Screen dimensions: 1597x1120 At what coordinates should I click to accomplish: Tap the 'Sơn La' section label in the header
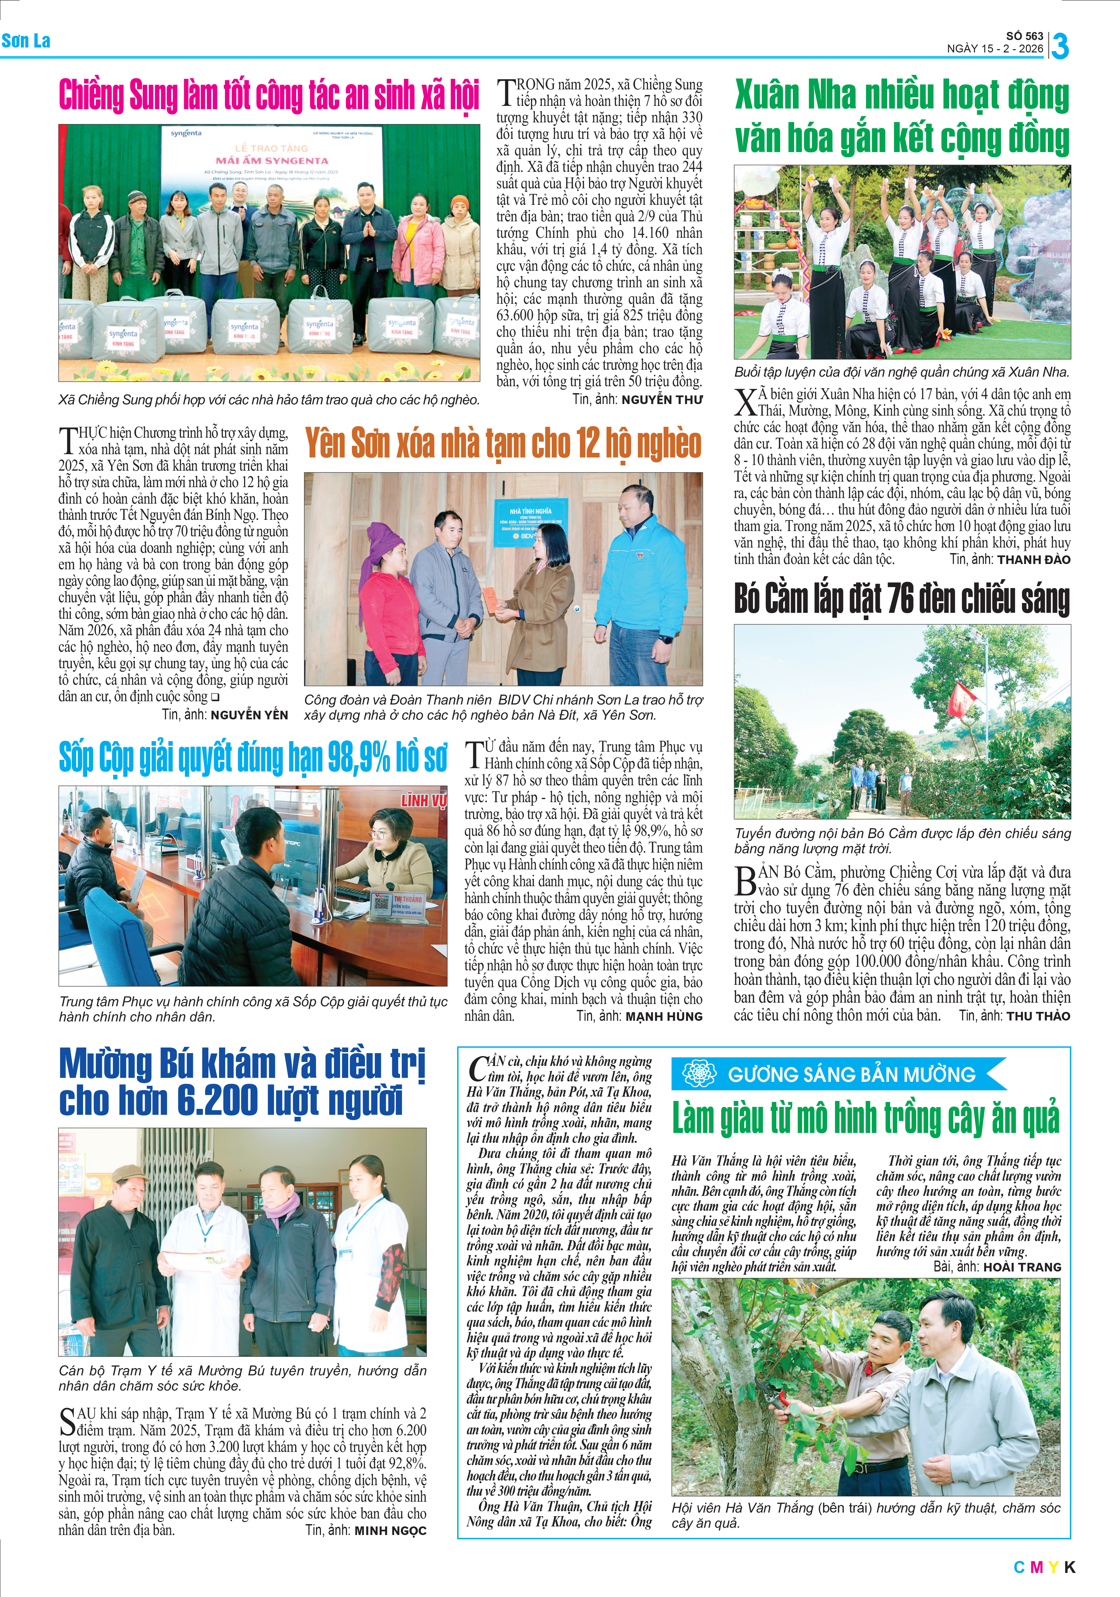tap(26, 40)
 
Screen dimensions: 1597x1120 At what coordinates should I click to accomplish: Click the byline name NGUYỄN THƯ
tap(662, 400)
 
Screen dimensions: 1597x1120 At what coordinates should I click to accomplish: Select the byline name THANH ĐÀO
tap(1033, 559)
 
